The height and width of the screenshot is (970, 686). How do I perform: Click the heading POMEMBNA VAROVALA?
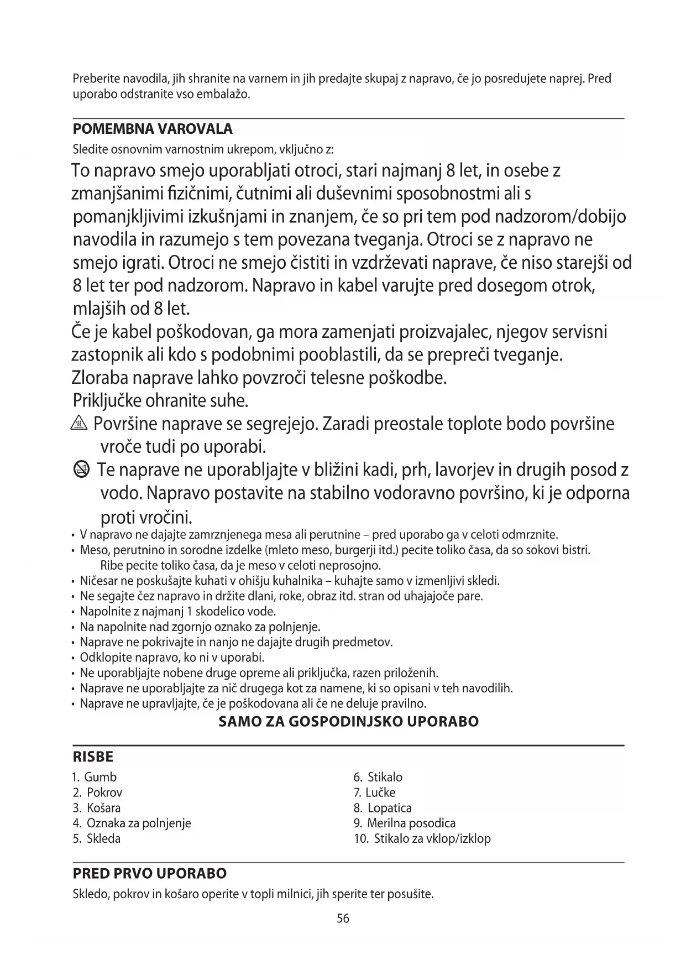(x=153, y=129)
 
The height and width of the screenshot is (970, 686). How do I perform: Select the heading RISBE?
(x=93, y=757)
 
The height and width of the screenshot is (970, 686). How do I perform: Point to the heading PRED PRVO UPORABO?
(x=150, y=874)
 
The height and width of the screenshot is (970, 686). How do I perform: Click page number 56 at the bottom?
(x=343, y=919)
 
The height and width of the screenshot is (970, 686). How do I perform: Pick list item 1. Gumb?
(x=95, y=777)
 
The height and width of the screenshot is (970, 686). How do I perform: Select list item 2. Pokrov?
(x=98, y=792)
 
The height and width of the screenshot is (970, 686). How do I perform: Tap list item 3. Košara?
(x=97, y=808)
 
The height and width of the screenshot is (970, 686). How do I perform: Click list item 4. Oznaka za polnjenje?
(x=132, y=823)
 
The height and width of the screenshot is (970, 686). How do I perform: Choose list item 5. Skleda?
(x=97, y=838)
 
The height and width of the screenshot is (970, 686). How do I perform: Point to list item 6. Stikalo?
(x=378, y=777)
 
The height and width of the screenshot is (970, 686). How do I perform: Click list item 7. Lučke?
(x=374, y=792)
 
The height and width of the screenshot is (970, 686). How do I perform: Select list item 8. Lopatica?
(x=383, y=808)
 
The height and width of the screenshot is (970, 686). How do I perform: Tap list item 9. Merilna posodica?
(x=405, y=823)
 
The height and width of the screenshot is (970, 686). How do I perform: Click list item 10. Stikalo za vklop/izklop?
(x=422, y=838)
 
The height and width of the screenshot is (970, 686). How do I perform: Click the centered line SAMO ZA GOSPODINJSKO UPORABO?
(x=349, y=722)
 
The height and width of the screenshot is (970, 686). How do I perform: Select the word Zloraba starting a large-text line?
(x=100, y=378)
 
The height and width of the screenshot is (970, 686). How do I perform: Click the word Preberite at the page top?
(x=95, y=79)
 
